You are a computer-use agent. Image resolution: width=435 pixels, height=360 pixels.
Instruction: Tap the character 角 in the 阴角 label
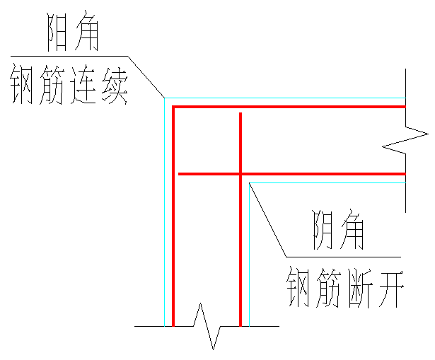(350, 230)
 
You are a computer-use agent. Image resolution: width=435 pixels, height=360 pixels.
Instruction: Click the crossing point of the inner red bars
(240, 173)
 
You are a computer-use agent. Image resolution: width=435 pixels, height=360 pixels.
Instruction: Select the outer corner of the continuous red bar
(174, 107)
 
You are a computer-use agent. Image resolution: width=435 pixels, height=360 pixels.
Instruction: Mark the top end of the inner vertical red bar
(240, 114)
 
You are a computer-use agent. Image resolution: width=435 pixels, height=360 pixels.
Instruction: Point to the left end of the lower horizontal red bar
(180, 173)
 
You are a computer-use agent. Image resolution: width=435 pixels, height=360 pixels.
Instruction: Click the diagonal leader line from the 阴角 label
(268, 219)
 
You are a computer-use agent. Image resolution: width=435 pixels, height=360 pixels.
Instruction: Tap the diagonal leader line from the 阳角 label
(146, 76)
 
